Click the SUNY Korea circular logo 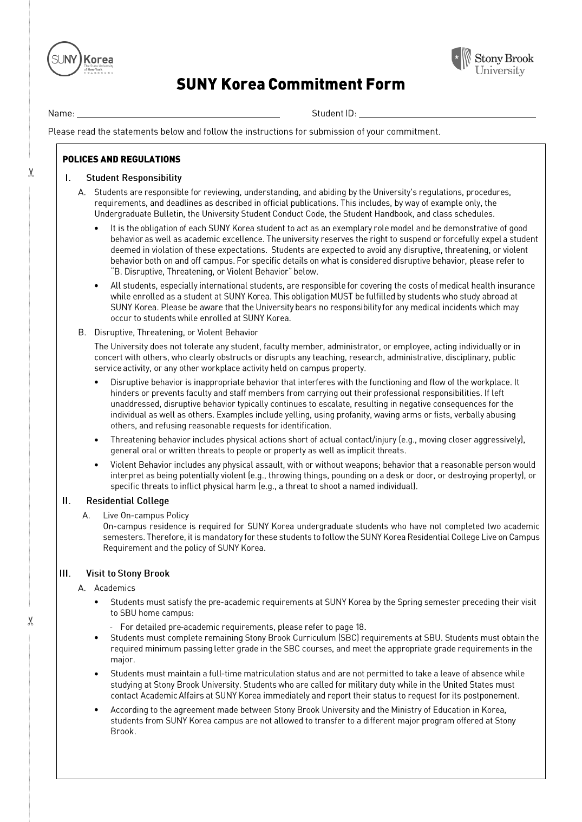coord(64,58)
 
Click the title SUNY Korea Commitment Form coord(290,84)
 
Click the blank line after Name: coord(178,114)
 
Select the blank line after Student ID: coord(447,114)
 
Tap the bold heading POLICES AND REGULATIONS coord(121,159)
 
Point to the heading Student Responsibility coord(134,178)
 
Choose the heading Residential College coord(127,501)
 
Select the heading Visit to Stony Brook coord(127,573)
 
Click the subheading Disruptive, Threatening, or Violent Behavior coord(176,332)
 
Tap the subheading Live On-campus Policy coord(146,516)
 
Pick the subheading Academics coord(115,588)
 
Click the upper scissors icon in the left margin coord(31,173)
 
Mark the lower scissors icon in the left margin coord(31,621)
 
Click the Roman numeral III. coord(65,573)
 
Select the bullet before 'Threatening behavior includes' coord(96,440)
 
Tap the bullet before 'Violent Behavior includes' coord(96,465)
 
